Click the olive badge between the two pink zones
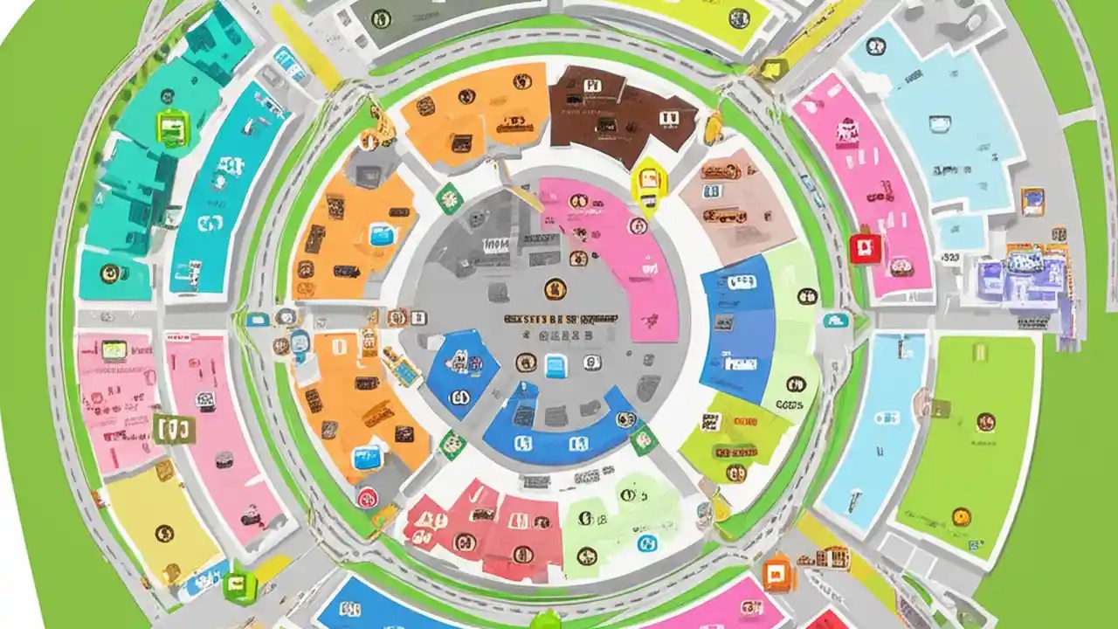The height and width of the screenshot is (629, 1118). (173, 428)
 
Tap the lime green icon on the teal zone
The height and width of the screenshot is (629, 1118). (171, 128)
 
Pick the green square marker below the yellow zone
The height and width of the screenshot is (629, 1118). (237, 583)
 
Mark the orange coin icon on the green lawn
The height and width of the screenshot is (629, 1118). (961, 515)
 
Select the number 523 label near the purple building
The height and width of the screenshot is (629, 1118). (950, 259)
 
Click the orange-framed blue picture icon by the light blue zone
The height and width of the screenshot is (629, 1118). (1032, 200)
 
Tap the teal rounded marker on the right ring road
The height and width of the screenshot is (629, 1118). (834, 321)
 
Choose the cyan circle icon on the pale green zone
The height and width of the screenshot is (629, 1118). (646, 543)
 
